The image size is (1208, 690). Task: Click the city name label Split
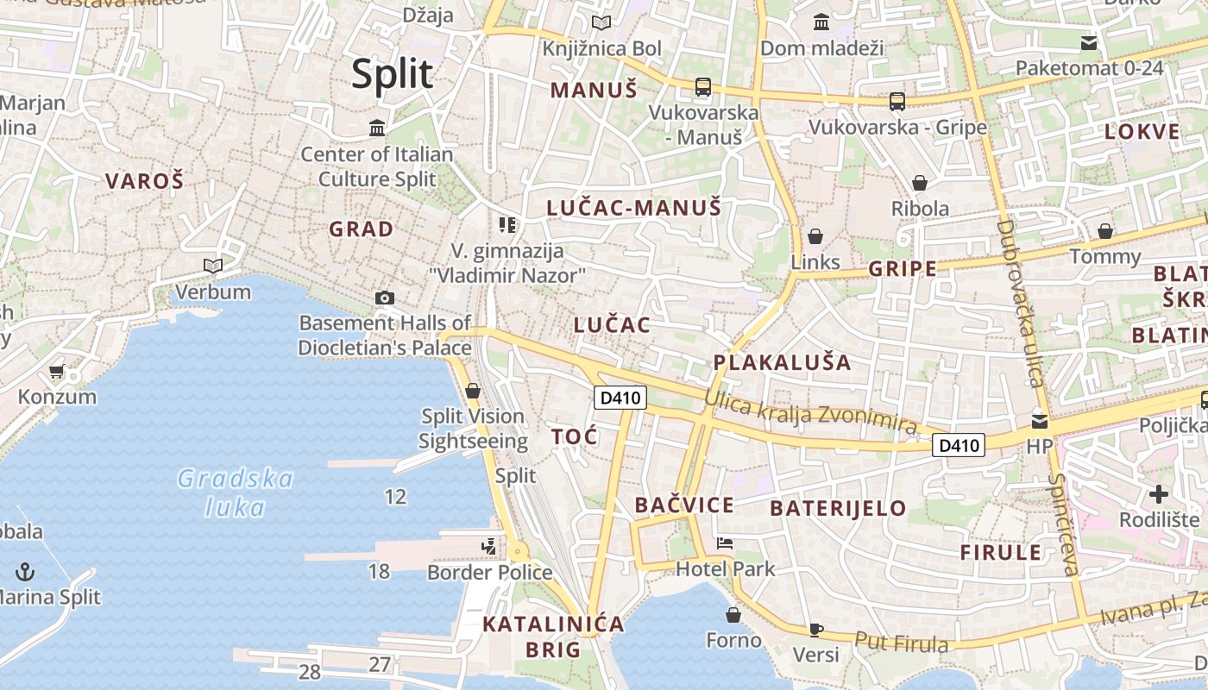(x=392, y=75)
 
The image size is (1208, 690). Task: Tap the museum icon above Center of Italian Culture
(x=377, y=129)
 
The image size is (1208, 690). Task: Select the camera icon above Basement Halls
(x=385, y=298)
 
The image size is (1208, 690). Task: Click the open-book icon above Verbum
(x=212, y=267)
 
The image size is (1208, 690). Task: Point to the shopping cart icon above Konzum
(x=57, y=372)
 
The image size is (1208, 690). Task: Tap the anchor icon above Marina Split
(x=26, y=571)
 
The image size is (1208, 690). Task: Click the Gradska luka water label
(x=236, y=492)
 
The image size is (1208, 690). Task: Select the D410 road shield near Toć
(x=620, y=398)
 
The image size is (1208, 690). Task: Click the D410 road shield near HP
(x=959, y=445)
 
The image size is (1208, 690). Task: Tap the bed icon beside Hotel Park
(x=725, y=543)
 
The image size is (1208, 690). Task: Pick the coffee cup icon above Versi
(x=816, y=630)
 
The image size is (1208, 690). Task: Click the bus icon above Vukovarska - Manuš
(x=703, y=86)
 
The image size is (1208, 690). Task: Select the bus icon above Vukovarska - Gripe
(x=897, y=102)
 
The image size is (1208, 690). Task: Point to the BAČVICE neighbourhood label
(x=684, y=505)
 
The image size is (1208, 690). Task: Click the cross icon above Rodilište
(x=1159, y=494)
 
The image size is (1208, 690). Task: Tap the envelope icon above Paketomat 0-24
(x=1089, y=42)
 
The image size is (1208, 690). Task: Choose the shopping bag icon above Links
(x=815, y=236)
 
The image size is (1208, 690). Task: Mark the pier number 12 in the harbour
(x=395, y=497)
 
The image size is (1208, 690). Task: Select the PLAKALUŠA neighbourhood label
(x=783, y=362)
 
